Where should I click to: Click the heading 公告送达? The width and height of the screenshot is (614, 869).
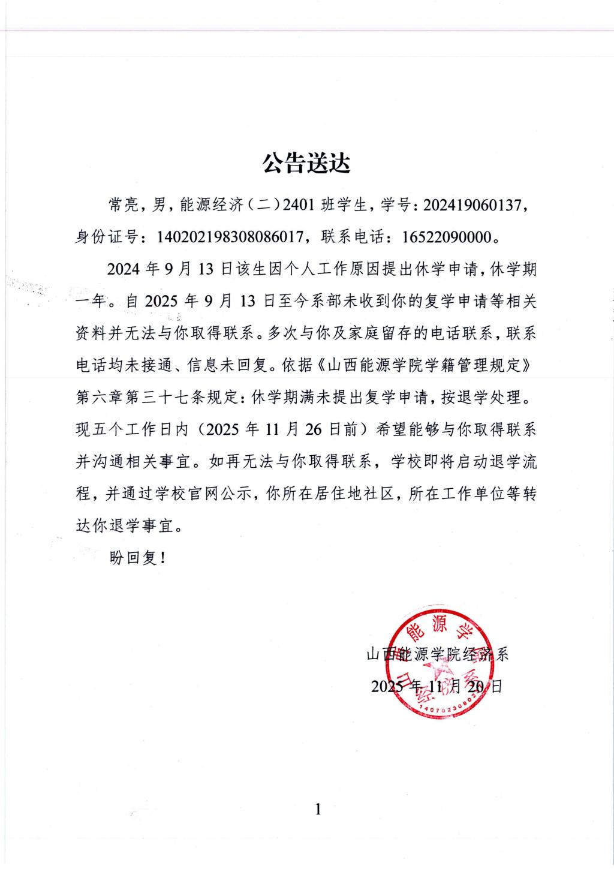coord(306,163)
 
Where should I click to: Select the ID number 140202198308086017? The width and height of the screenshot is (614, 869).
coord(228,237)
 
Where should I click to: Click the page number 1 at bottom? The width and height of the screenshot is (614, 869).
coord(318,810)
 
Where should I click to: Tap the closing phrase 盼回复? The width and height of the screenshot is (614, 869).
coord(137,558)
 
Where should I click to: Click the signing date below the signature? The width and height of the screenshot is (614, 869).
coord(437,686)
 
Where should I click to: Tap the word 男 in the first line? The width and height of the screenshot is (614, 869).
coord(160,206)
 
